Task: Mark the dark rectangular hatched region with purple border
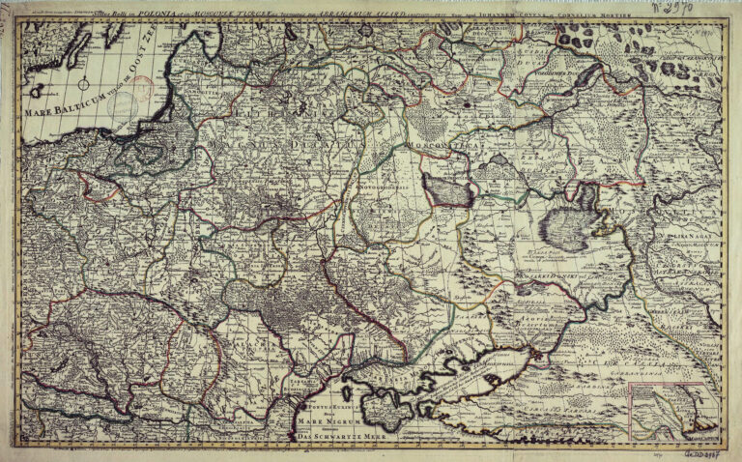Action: click(x=447, y=190)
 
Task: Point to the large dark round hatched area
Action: click(x=565, y=229)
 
